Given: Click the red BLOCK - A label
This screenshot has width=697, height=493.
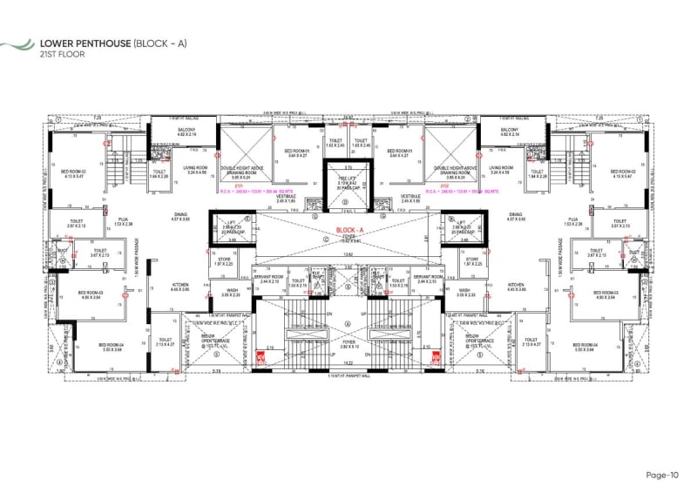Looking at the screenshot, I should click(348, 231).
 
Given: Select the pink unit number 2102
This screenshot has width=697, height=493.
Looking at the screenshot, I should click(443, 186).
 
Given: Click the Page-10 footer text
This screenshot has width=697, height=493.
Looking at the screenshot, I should click(661, 475).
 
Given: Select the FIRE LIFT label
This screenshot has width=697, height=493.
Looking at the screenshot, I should click(347, 179).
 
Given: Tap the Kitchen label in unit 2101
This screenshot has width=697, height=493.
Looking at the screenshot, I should click(180, 284).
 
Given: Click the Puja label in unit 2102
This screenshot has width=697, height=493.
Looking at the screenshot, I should click(573, 219).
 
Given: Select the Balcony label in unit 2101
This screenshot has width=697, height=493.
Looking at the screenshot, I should click(187, 131).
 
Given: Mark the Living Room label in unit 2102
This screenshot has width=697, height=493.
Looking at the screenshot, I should click(501, 168).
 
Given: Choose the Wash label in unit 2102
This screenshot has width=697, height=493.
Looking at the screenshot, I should click(464, 291).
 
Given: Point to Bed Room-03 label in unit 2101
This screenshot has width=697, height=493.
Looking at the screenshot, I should click(91, 293).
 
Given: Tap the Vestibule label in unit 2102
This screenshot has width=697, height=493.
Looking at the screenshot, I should click(410, 197).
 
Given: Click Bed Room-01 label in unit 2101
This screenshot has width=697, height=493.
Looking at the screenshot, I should click(297, 152).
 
